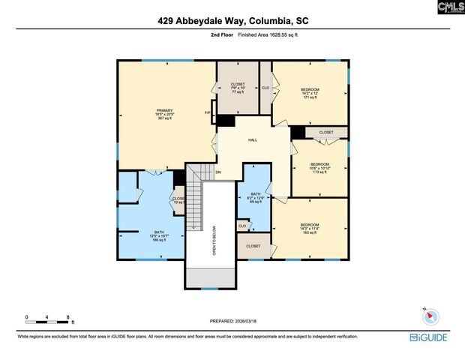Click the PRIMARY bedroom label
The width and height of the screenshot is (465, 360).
pos(164,114)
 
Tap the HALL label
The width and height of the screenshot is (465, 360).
pos(253,139)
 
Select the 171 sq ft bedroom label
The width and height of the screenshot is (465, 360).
pos(310,93)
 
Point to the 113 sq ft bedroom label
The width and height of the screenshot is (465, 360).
pos(320,167)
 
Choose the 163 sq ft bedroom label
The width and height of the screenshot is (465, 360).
pos(310,229)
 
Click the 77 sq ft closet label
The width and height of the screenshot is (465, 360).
pos(237,88)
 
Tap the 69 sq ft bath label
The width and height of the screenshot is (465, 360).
pos(255,197)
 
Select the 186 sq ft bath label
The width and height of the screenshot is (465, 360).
pos(159,236)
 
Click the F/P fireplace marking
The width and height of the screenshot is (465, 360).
pos(208,113)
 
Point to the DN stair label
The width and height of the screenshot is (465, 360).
pos(218,172)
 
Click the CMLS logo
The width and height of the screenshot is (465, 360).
pos(450,7)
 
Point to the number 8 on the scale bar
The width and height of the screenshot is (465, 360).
pos(68,317)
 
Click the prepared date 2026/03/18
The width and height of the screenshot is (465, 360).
pos(247,320)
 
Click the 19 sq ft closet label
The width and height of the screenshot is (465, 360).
pos(179,200)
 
